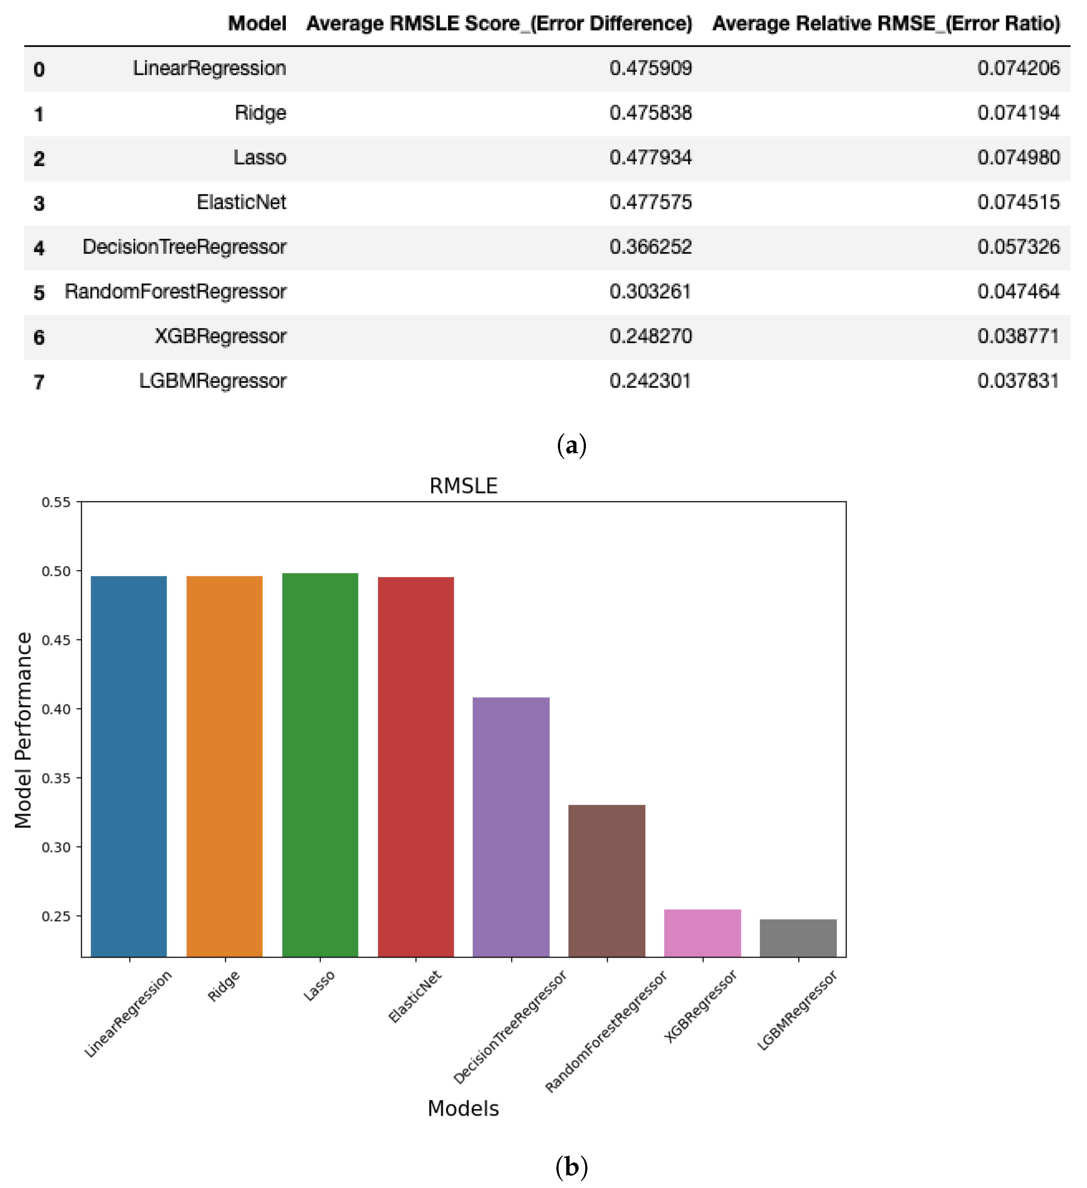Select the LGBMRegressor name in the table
pyautogui.click(x=212, y=381)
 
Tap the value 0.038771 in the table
pyautogui.click(x=1018, y=336)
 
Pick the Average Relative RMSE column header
pyautogui.click(x=886, y=24)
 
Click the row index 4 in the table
pyautogui.click(x=39, y=248)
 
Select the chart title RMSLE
pyautogui.click(x=463, y=486)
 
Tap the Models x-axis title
pyautogui.click(x=463, y=1108)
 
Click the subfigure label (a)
pyautogui.click(x=571, y=445)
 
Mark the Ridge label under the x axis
pyautogui.click(x=224, y=986)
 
